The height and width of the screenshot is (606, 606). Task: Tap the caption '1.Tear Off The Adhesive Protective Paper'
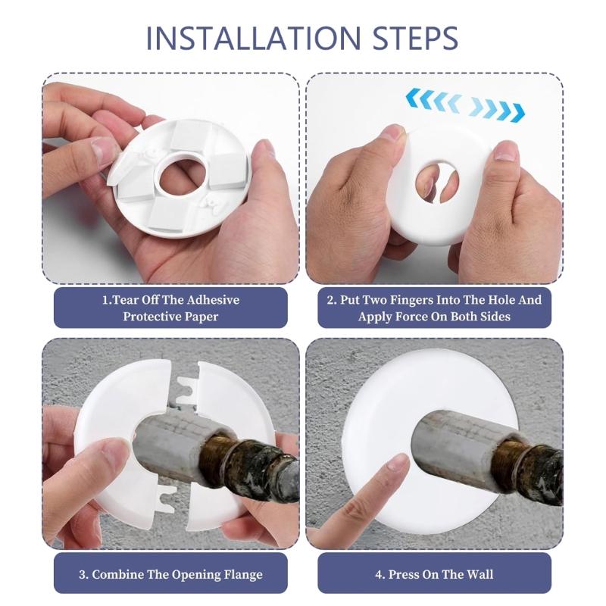coord(170,308)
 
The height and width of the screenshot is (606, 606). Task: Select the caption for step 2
coord(435,308)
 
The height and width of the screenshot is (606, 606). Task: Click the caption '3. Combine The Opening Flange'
coord(170,573)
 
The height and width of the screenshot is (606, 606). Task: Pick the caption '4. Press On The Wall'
coord(435,573)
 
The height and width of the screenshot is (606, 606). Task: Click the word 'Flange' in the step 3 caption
coord(242,573)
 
